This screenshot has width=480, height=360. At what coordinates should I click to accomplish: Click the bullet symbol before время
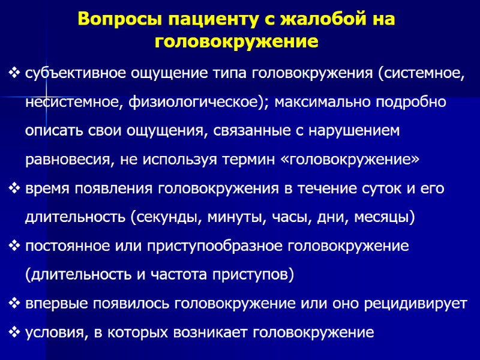[x=15, y=189]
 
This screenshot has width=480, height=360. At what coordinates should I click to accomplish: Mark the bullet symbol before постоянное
[x=15, y=247]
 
